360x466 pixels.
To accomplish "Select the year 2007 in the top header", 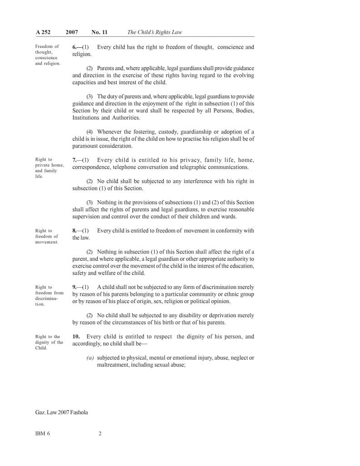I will tap(71, 32).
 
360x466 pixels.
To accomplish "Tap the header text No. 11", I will tap(99, 32).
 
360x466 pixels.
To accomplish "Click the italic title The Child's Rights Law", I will tap(155, 32).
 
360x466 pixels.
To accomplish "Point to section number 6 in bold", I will tap(74, 47).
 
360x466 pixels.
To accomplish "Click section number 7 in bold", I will tap(74, 160).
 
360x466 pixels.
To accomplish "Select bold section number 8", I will tap(74, 231).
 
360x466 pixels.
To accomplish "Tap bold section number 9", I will tap(74, 287).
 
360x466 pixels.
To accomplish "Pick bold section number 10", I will tap(76, 337).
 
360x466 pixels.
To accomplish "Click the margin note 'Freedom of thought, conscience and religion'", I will tap(47, 55).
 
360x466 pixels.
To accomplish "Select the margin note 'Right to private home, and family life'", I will tap(49, 168).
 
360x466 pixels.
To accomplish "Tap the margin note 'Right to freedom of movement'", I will tap(46, 236).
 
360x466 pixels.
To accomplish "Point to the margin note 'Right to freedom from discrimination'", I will tap(49, 295).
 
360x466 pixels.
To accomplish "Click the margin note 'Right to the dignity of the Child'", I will tap(49, 342).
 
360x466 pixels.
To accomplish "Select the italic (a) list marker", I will tap(90, 358).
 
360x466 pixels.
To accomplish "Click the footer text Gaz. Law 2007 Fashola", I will tap(61, 412).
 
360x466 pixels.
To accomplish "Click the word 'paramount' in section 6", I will tap(85, 146).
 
